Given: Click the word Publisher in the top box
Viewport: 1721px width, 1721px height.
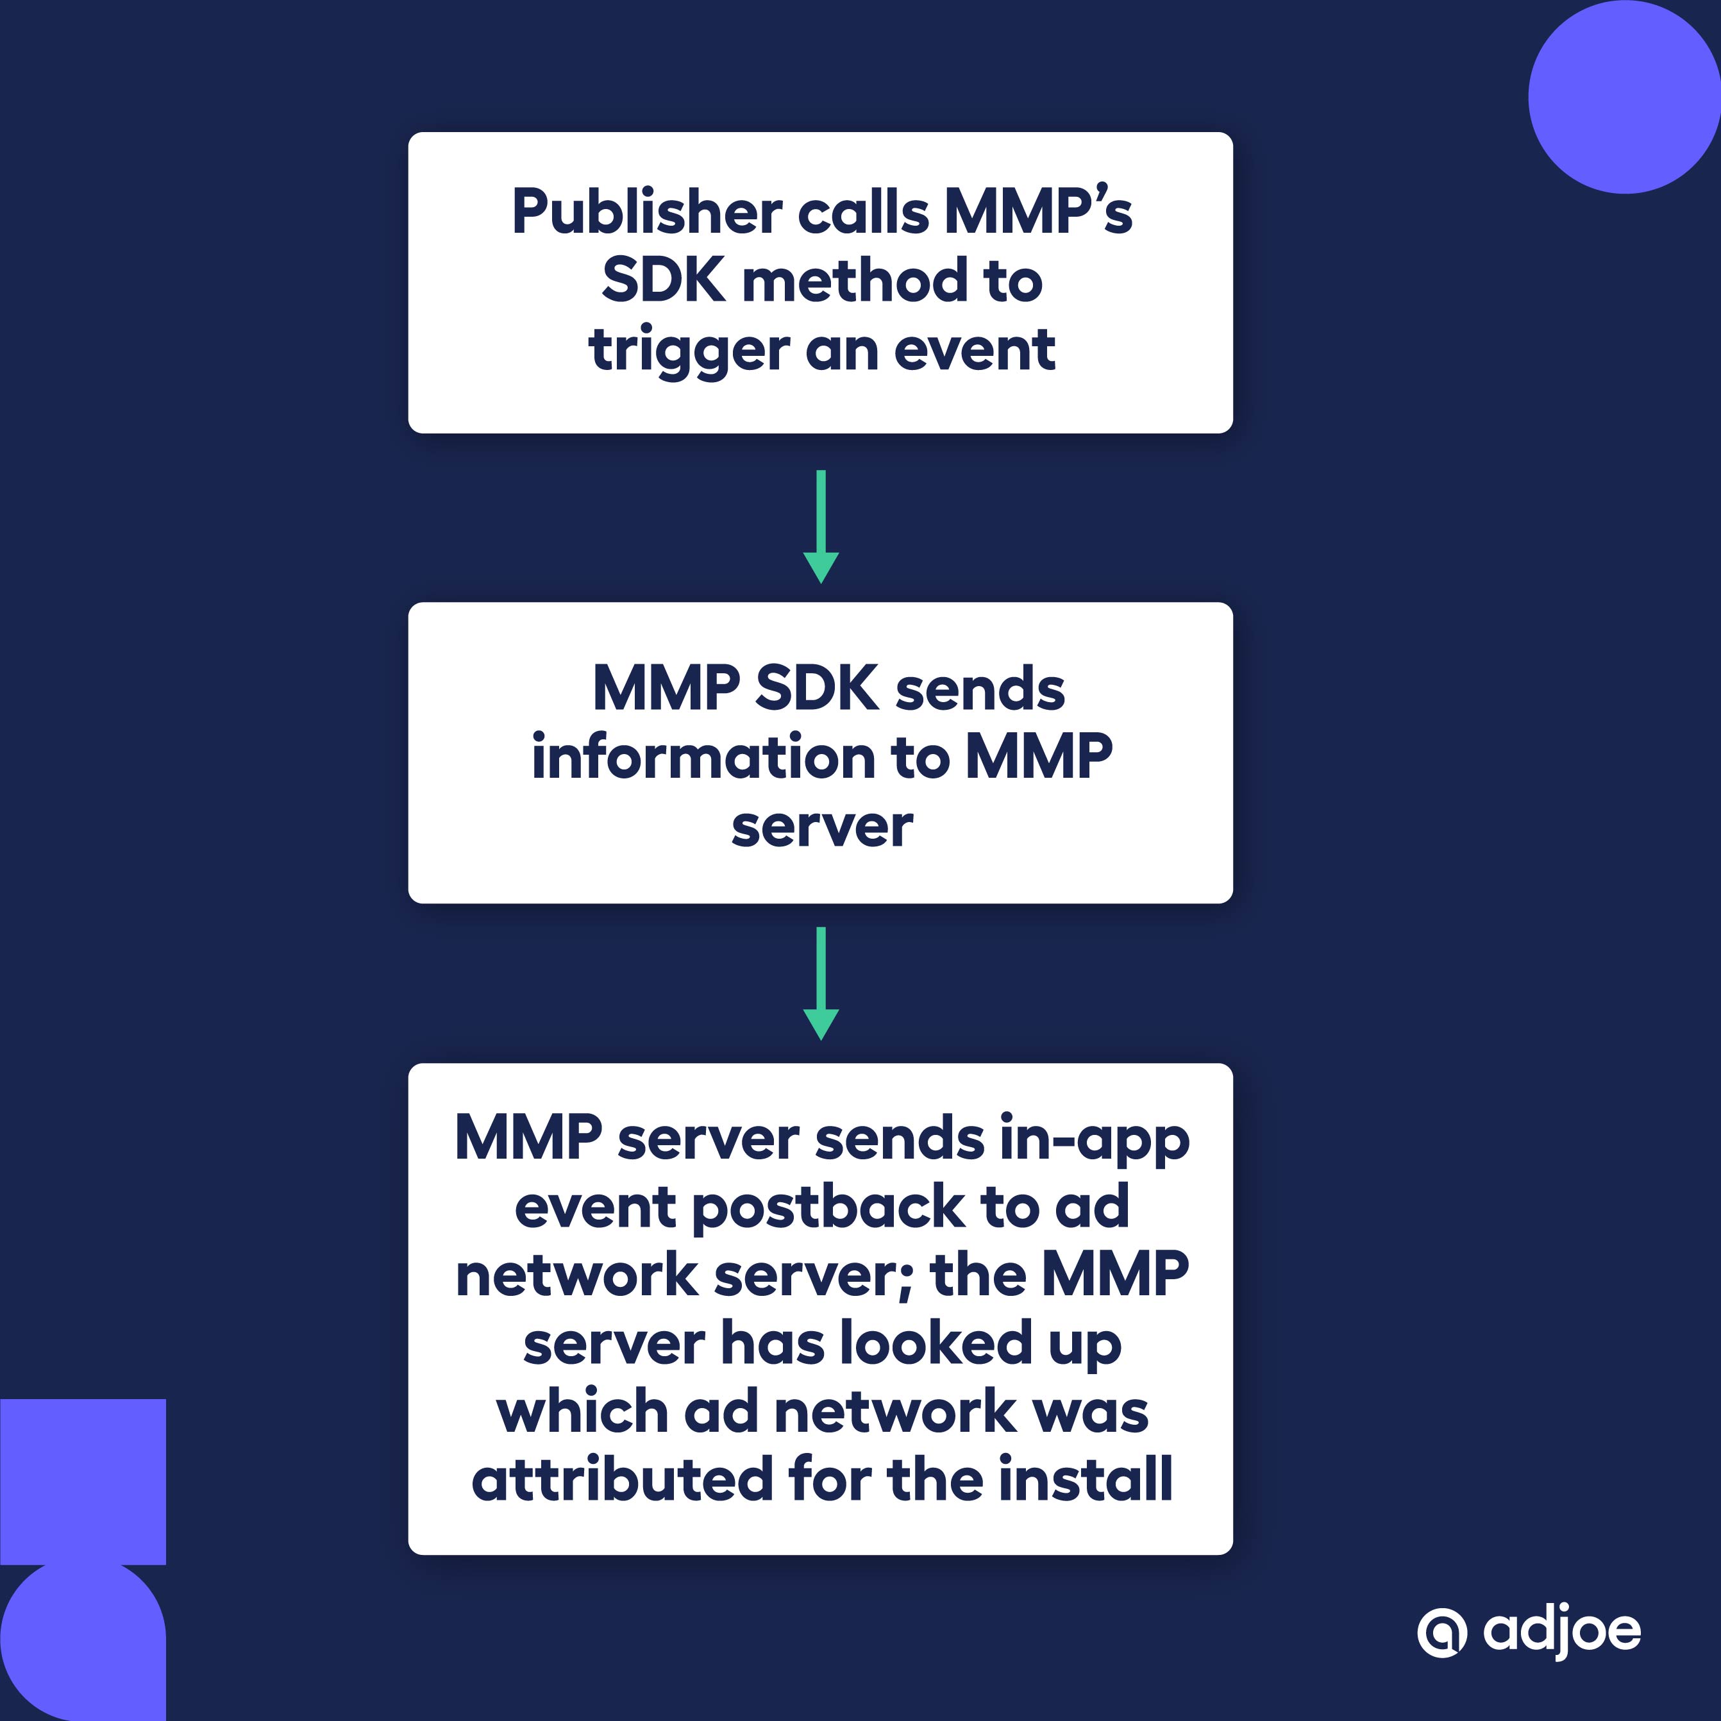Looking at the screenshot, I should pos(646,214).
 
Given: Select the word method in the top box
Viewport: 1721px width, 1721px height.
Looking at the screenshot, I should pos(855,282).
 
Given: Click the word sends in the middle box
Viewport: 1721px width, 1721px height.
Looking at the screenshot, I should pos(979,691).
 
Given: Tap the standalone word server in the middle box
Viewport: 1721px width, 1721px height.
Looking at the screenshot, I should pos(821,828).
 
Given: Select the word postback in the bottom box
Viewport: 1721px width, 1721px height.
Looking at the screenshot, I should pos(828,1209).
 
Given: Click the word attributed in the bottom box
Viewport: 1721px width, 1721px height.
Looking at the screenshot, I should pos(621,1481).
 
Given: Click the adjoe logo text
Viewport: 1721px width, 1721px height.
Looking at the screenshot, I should pos(1561,1631).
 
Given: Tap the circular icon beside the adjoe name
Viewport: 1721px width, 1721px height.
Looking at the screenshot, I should pos(1441,1633).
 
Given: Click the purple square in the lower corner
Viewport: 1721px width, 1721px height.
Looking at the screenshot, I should pos(83,1481).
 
